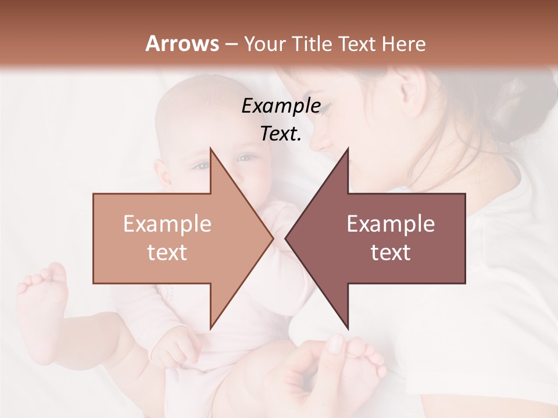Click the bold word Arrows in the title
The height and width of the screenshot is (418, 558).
(x=183, y=44)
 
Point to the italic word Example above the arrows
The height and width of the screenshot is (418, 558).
(x=281, y=106)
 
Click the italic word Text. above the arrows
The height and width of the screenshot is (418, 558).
(x=281, y=134)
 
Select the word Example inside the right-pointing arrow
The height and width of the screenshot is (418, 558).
(x=167, y=224)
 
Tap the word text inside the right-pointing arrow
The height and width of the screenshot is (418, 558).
(x=167, y=253)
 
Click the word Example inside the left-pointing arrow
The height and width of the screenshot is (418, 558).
(x=391, y=224)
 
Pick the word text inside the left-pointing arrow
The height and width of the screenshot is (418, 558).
(x=391, y=253)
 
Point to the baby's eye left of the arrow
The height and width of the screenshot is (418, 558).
(x=201, y=165)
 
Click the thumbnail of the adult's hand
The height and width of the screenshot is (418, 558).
(x=336, y=344)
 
